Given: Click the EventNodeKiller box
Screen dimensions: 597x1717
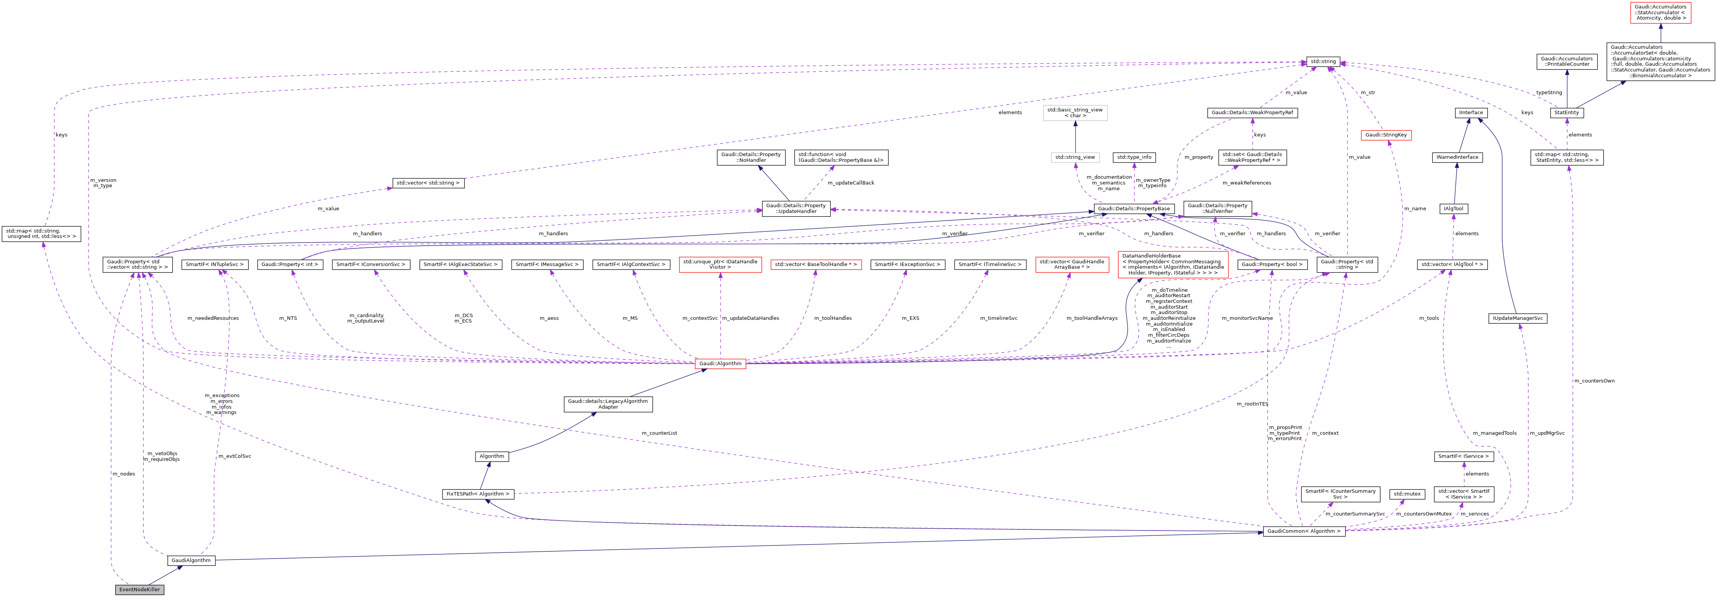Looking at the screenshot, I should tap(139, 590).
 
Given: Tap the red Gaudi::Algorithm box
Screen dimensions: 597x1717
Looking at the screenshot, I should tap(720, 364).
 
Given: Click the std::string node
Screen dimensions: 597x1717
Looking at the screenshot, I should tap(1323, 62).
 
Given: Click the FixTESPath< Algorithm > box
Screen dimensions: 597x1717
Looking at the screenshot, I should tap(478, 494).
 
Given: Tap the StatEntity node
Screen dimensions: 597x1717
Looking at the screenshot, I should tap(1566, 113).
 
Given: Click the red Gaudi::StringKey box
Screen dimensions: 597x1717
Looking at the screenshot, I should tap(1386, 135).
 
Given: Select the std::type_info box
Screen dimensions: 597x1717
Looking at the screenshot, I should tap(1134, 158).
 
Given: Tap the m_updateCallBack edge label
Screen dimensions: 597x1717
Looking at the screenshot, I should tap(850, 183).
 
